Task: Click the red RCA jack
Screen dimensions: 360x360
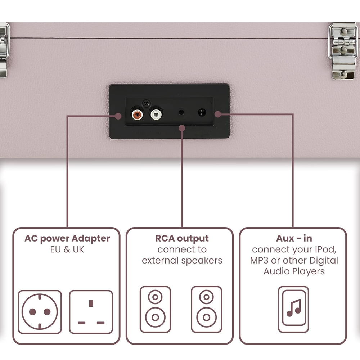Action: click(137, 115)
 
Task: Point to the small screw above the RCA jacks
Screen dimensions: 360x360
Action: click(146, 103)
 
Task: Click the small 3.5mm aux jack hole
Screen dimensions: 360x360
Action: click(181, 112)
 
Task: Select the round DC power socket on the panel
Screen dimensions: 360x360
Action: click(202, 112)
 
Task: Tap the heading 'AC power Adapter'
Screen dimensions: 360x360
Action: click(67, 238)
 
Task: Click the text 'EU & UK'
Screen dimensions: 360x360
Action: click(67, 249)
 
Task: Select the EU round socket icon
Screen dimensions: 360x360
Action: click(40, 312)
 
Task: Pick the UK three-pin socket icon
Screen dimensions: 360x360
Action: click(91, 312)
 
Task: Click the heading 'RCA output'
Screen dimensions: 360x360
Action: click(182, 238)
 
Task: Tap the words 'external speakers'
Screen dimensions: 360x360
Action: click(182, 260)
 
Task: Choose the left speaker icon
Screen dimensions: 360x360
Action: click(155, 309)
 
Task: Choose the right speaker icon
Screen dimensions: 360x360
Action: click(206, 309)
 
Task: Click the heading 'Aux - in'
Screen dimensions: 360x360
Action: click(294, 238)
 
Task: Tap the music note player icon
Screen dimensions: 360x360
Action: click(294, 309)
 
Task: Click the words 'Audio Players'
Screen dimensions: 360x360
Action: click(294, 271)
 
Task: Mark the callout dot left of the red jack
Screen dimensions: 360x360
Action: click(118, 116)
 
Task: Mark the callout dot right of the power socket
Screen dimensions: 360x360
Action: click(217, 114)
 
